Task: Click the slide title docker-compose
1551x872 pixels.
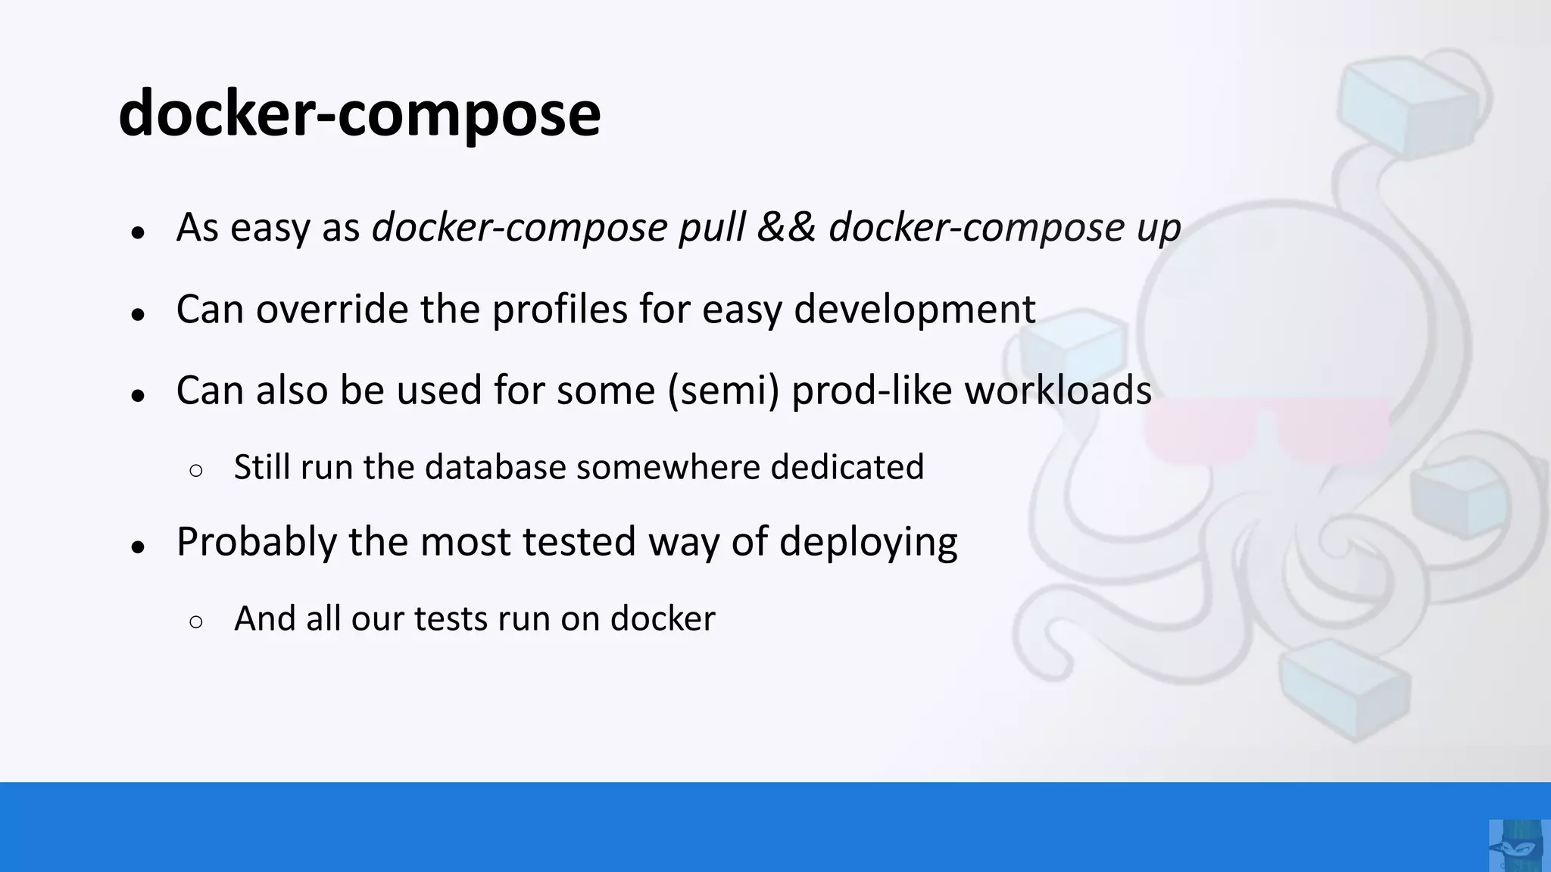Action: [x=360, y=114]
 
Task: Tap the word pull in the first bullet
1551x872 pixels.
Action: [x=712, y=227]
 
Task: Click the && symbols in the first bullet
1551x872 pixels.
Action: [x=786, y=227]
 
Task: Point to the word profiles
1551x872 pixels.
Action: [x=560, y=309]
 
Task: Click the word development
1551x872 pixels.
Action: [x=914, y=309]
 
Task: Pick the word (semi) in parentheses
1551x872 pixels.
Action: [x=723, y=391]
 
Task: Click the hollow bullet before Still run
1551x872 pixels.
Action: [x=196, y=471]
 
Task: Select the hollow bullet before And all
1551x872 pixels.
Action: [x=196, y=622]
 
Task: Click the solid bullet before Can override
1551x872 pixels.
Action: [x=137, y=314]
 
